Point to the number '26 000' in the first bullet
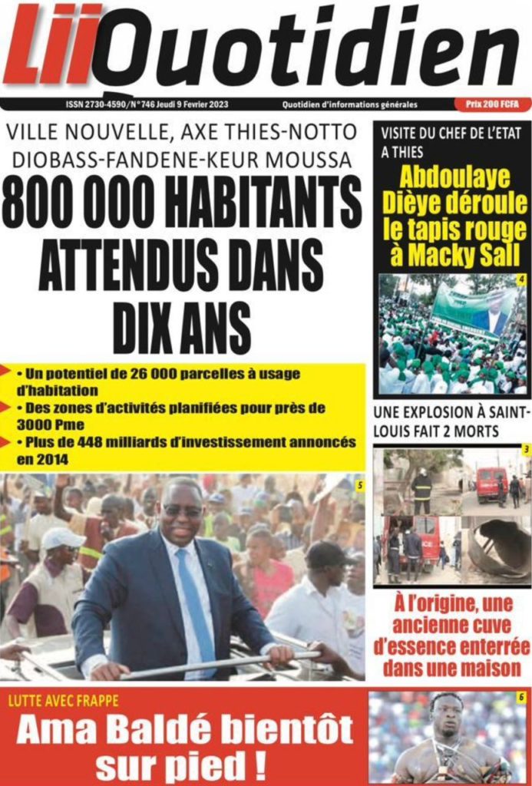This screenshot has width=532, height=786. click(163, 374)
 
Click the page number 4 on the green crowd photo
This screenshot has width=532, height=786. click(521, 279)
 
